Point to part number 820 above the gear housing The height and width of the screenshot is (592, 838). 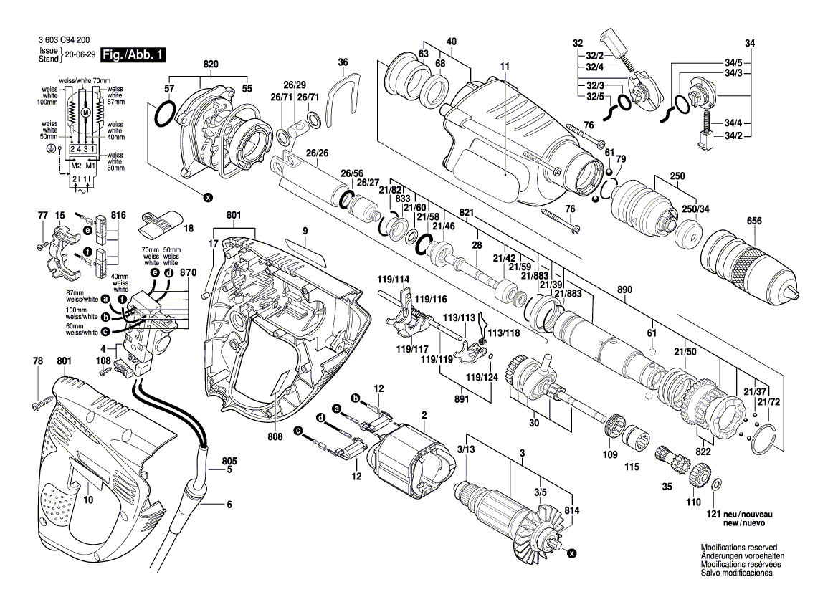point(210,65)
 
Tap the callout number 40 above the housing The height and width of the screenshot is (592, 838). point(451,42)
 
